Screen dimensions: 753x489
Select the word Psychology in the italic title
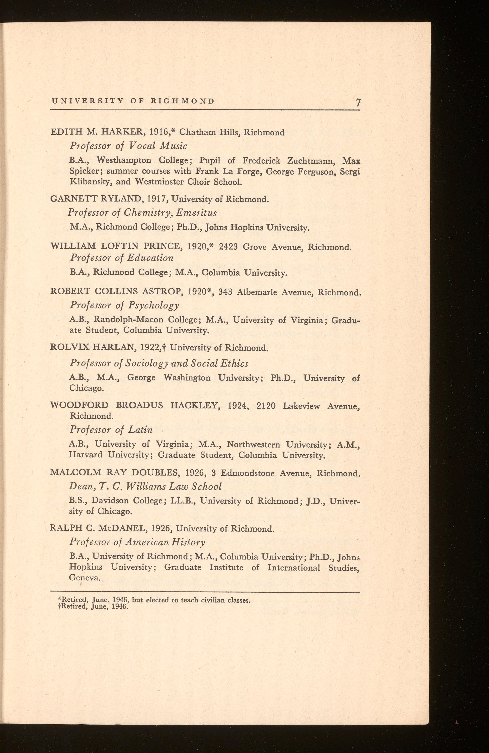(154, 306)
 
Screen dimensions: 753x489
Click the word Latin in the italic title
(140, 430)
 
